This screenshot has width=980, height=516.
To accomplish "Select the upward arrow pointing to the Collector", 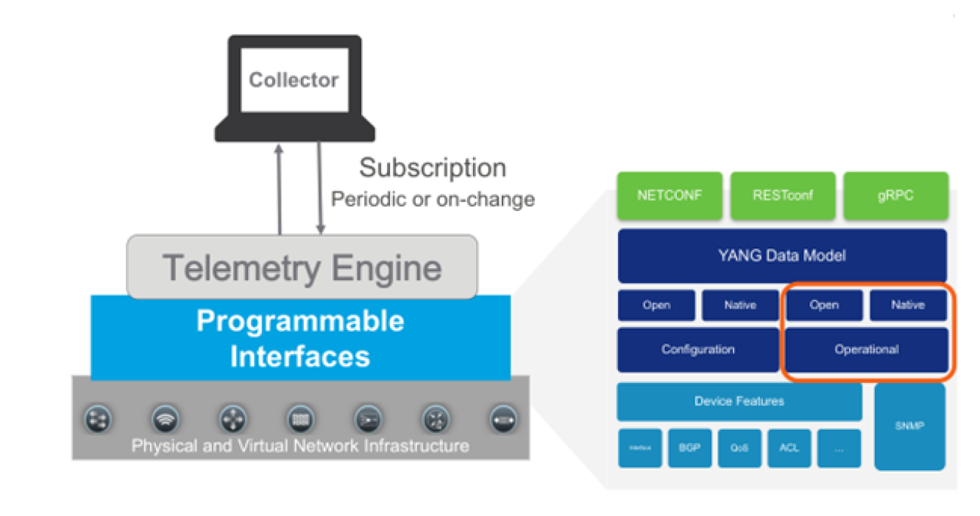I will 279,188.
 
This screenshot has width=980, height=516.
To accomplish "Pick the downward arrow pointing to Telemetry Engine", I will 321,188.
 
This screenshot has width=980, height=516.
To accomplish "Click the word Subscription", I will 432,168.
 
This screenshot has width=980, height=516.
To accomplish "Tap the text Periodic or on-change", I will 433,199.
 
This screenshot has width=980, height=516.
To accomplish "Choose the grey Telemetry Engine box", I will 302,267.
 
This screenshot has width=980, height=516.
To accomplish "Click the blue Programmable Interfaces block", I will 300,338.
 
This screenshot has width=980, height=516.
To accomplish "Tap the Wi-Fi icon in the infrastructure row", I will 165,419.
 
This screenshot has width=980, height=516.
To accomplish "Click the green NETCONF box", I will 670,196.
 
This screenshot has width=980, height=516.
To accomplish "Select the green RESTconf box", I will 782,196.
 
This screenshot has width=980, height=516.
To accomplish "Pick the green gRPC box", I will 895,196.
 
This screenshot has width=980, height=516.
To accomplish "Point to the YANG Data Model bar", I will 782,256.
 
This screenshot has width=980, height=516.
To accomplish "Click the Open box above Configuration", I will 656,305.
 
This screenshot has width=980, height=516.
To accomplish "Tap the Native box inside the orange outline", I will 907,305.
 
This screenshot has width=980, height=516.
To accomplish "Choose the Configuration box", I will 697,350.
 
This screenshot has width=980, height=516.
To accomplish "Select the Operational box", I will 866,350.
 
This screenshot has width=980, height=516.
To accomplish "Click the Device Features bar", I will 739,401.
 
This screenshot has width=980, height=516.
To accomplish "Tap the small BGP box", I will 690,448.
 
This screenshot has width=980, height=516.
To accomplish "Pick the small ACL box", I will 789,448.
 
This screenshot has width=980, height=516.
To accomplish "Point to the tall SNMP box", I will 909,426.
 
